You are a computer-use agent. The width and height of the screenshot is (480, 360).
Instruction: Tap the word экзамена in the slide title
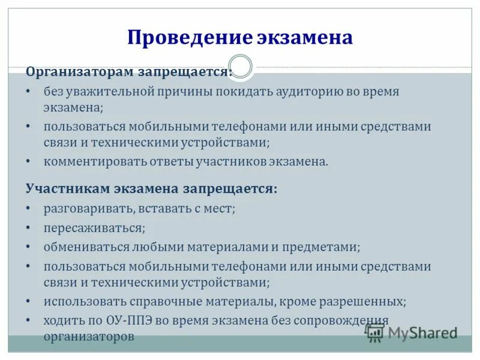pyautogui.click(x=305, y=38)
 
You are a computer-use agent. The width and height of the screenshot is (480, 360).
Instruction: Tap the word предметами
pyautogui.click(x=326, y=247)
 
